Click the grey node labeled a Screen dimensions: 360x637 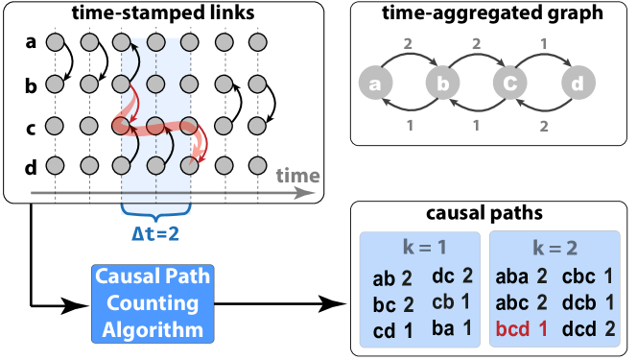click(x=376, y=84)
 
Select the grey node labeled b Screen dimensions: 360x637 click(x=443, y=84)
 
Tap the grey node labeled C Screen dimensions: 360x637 click(x=510, y=84)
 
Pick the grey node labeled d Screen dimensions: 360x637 click(x=578, y=84)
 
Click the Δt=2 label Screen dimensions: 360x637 click(x=156, y=231)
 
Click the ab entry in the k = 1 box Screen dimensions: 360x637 click(x=384, y=279)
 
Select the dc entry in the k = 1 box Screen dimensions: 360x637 click(x=443, y=276)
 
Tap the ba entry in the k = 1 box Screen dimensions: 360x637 click(x=443, y=328)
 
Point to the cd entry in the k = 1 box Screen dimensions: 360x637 click(x=384, y=331)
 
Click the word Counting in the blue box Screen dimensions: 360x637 click(x=153, y=304)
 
